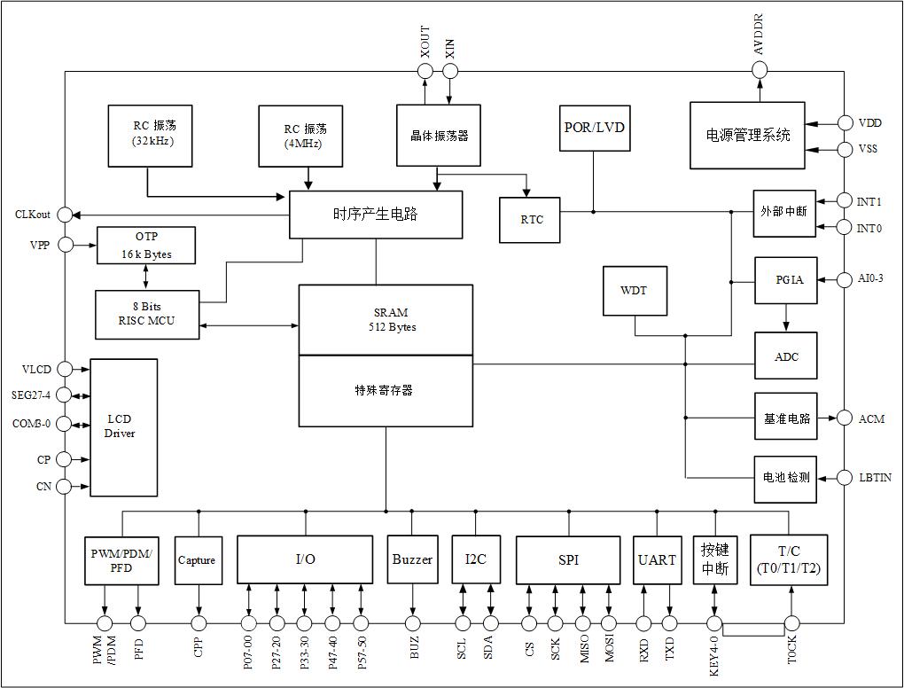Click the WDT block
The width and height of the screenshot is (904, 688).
pos(635,291)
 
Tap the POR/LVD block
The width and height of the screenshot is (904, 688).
pos(594,127)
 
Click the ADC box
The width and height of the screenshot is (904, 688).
pos(785,356)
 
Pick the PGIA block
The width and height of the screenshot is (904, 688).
pos(785,280)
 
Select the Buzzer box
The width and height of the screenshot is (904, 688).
pos(412,559)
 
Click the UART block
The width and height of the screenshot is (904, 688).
pos(657,559)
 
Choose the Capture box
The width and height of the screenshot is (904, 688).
pos(197,559)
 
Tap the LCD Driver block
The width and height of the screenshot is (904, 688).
pos(124,426)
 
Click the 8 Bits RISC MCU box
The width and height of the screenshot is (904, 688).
pos(147,314)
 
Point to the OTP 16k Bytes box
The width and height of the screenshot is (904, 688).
pos(146,246)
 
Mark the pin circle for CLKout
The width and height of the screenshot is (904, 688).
pos(66,215)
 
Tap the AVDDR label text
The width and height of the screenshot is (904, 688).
pos(760,35)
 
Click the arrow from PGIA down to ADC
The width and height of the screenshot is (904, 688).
pos(785,317)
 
